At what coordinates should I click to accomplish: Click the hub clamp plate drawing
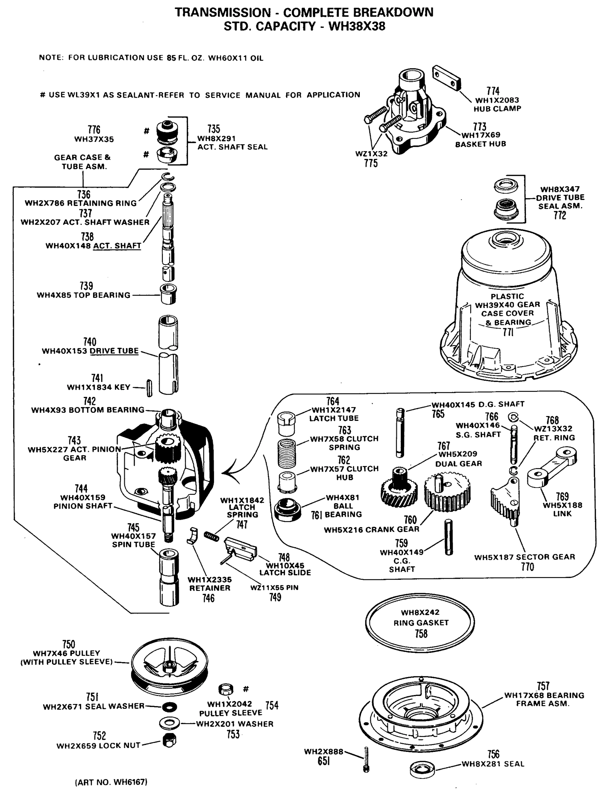[447, 78]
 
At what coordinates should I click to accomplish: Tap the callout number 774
[493, 91]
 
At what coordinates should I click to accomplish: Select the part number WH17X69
[481, 135]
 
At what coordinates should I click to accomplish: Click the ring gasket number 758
[421, 634]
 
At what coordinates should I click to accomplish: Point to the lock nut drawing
[169, 740]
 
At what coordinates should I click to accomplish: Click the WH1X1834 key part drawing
[149, 388]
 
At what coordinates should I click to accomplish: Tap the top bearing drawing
[169, 293]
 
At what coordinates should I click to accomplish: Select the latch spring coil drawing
[211, 536]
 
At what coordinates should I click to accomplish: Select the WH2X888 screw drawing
[366, 759]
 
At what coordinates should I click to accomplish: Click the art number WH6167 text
[111, 782]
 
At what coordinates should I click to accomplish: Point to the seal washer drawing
[169, 707]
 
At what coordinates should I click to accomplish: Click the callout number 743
[74, 441]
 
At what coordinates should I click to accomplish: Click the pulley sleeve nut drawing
[226, 689]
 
